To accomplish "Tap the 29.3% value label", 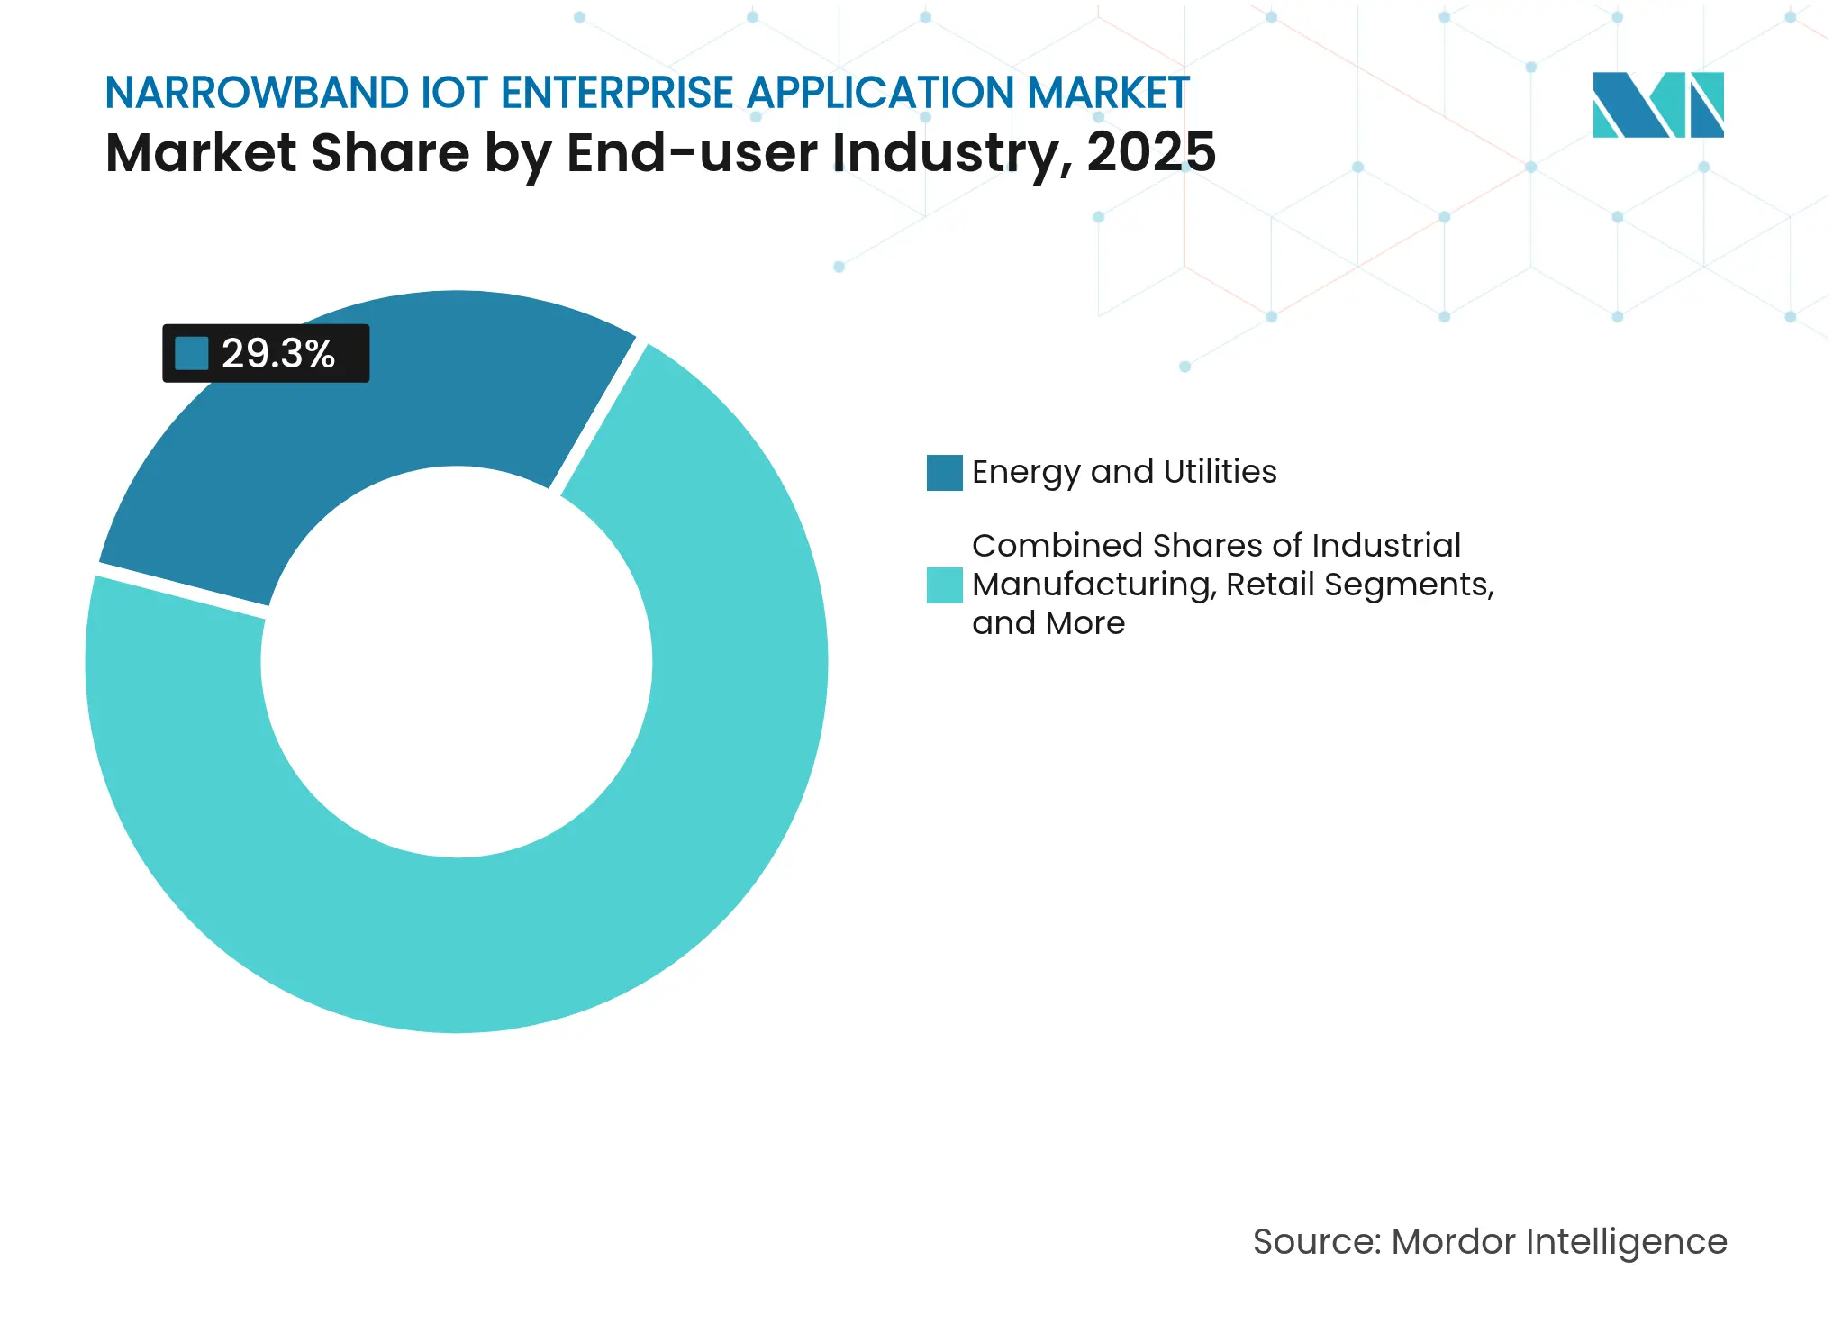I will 277,353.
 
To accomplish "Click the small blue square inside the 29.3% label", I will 191,353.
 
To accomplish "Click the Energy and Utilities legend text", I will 1123,472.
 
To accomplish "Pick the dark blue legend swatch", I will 944,473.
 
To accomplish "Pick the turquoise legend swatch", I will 944,585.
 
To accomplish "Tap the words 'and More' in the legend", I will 1048,623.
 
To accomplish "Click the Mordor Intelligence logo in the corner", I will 1657,104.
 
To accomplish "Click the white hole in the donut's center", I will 457,662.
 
